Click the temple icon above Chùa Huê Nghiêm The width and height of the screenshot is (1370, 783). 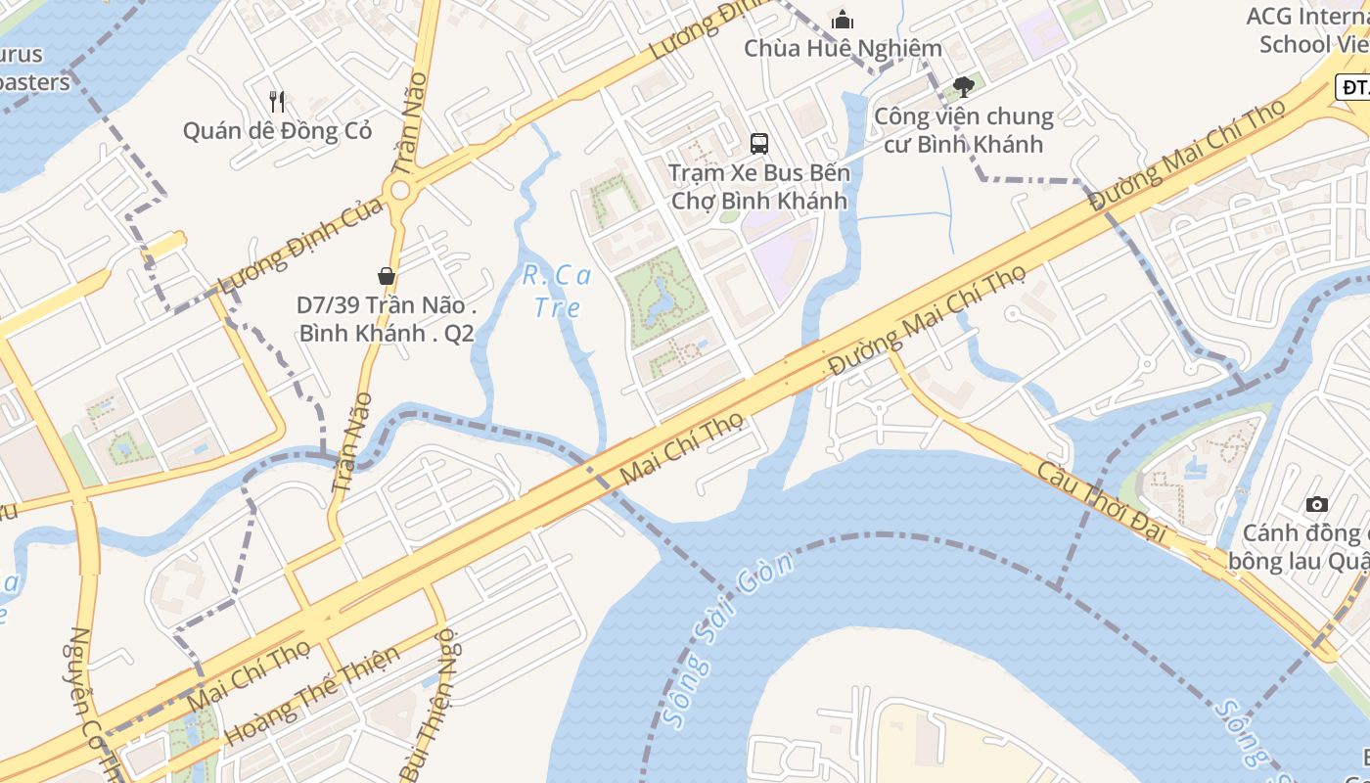pyautogui.click(x=842, y=20)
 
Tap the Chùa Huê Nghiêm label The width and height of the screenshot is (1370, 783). pyautogui.click(x=843, y=48)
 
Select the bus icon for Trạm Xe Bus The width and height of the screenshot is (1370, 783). pyautogui.click(x=758, y=144)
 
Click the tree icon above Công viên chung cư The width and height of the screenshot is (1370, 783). pyautogui.click(x=964, y=86)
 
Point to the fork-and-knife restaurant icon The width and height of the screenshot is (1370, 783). pyautogui.click(x=277, y=100)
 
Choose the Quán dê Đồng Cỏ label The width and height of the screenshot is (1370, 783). pyautogui.click(x=277, y=130)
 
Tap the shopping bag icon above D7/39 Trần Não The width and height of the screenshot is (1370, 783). pyautogui.click(x=387, y=276)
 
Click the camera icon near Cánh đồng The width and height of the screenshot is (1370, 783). pyautogui.click(x=1317, y=504)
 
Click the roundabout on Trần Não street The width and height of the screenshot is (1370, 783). pyautogui.click(x=399, y=191)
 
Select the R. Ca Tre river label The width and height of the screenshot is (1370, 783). pyautogui.click(x=557, y=292)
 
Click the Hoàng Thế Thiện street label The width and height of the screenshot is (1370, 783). pyautogui.click(x=312, y=695)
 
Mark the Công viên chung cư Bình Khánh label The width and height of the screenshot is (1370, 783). pyautogui.click(x=963, y=130)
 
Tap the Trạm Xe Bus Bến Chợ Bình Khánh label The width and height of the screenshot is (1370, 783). pyautogui.click(x=758, y=187)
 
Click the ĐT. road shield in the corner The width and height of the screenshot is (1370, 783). pyautogui.click(x=1353, y=88)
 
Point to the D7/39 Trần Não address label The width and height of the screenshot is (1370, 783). pyautogui.click(x=387, y=319)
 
